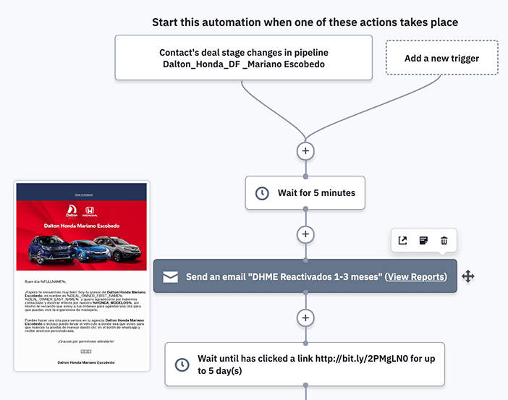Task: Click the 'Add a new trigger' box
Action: pyautogui.click(x=441, y=58)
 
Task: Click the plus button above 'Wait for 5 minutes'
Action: pyautogui.click(x=305, y=151)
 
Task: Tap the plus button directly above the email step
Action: pyautogui.click(x=305, y=234)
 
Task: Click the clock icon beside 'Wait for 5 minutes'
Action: pyautogui.click(x=262, y=193)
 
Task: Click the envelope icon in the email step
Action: pyautogui.click(x=170, y=277)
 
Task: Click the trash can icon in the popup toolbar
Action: pyautogui.click(x=444, y=241)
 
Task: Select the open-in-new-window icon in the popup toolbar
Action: pyautogui.click(x=403, y=241)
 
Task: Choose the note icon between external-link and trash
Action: pyautogui.click(x=423, y=241)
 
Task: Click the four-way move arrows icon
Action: pyautogui.click(x=468, y=276)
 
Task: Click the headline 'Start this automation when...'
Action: pyautogui.click(x=305, y=22)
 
